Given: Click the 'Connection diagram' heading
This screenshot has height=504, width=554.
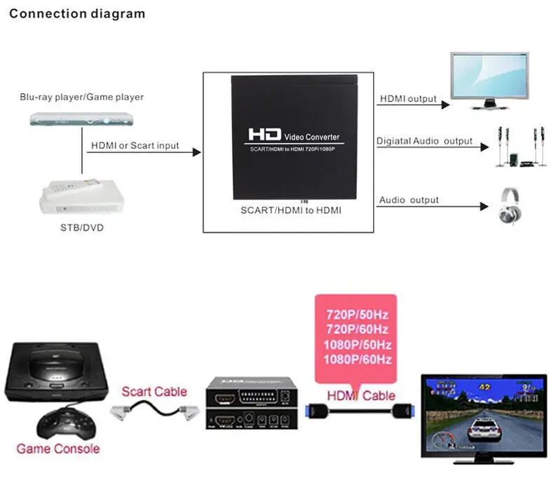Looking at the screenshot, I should click(x=77, y=13).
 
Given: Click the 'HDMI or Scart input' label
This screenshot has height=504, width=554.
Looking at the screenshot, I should click(x=135, y=146).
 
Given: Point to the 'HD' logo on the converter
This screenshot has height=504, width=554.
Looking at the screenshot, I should click(x=264, y=134).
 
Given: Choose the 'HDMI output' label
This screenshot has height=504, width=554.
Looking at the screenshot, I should click(x=407, y=100).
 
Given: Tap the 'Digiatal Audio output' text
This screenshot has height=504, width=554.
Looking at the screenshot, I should click(x=424, y=141).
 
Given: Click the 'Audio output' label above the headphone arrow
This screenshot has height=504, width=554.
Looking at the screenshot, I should click(x=408, y=200).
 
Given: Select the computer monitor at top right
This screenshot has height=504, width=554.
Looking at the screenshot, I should click(x=489, y=79).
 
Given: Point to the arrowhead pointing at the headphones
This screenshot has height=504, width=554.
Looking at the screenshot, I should click(x=483, y=206).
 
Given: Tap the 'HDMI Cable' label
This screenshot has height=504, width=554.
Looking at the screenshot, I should click(x=360, y=395).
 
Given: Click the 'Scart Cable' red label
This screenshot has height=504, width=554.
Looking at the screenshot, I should click(x=154, y=391).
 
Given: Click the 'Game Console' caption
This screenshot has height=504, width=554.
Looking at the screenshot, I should click(x=58, y=448).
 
